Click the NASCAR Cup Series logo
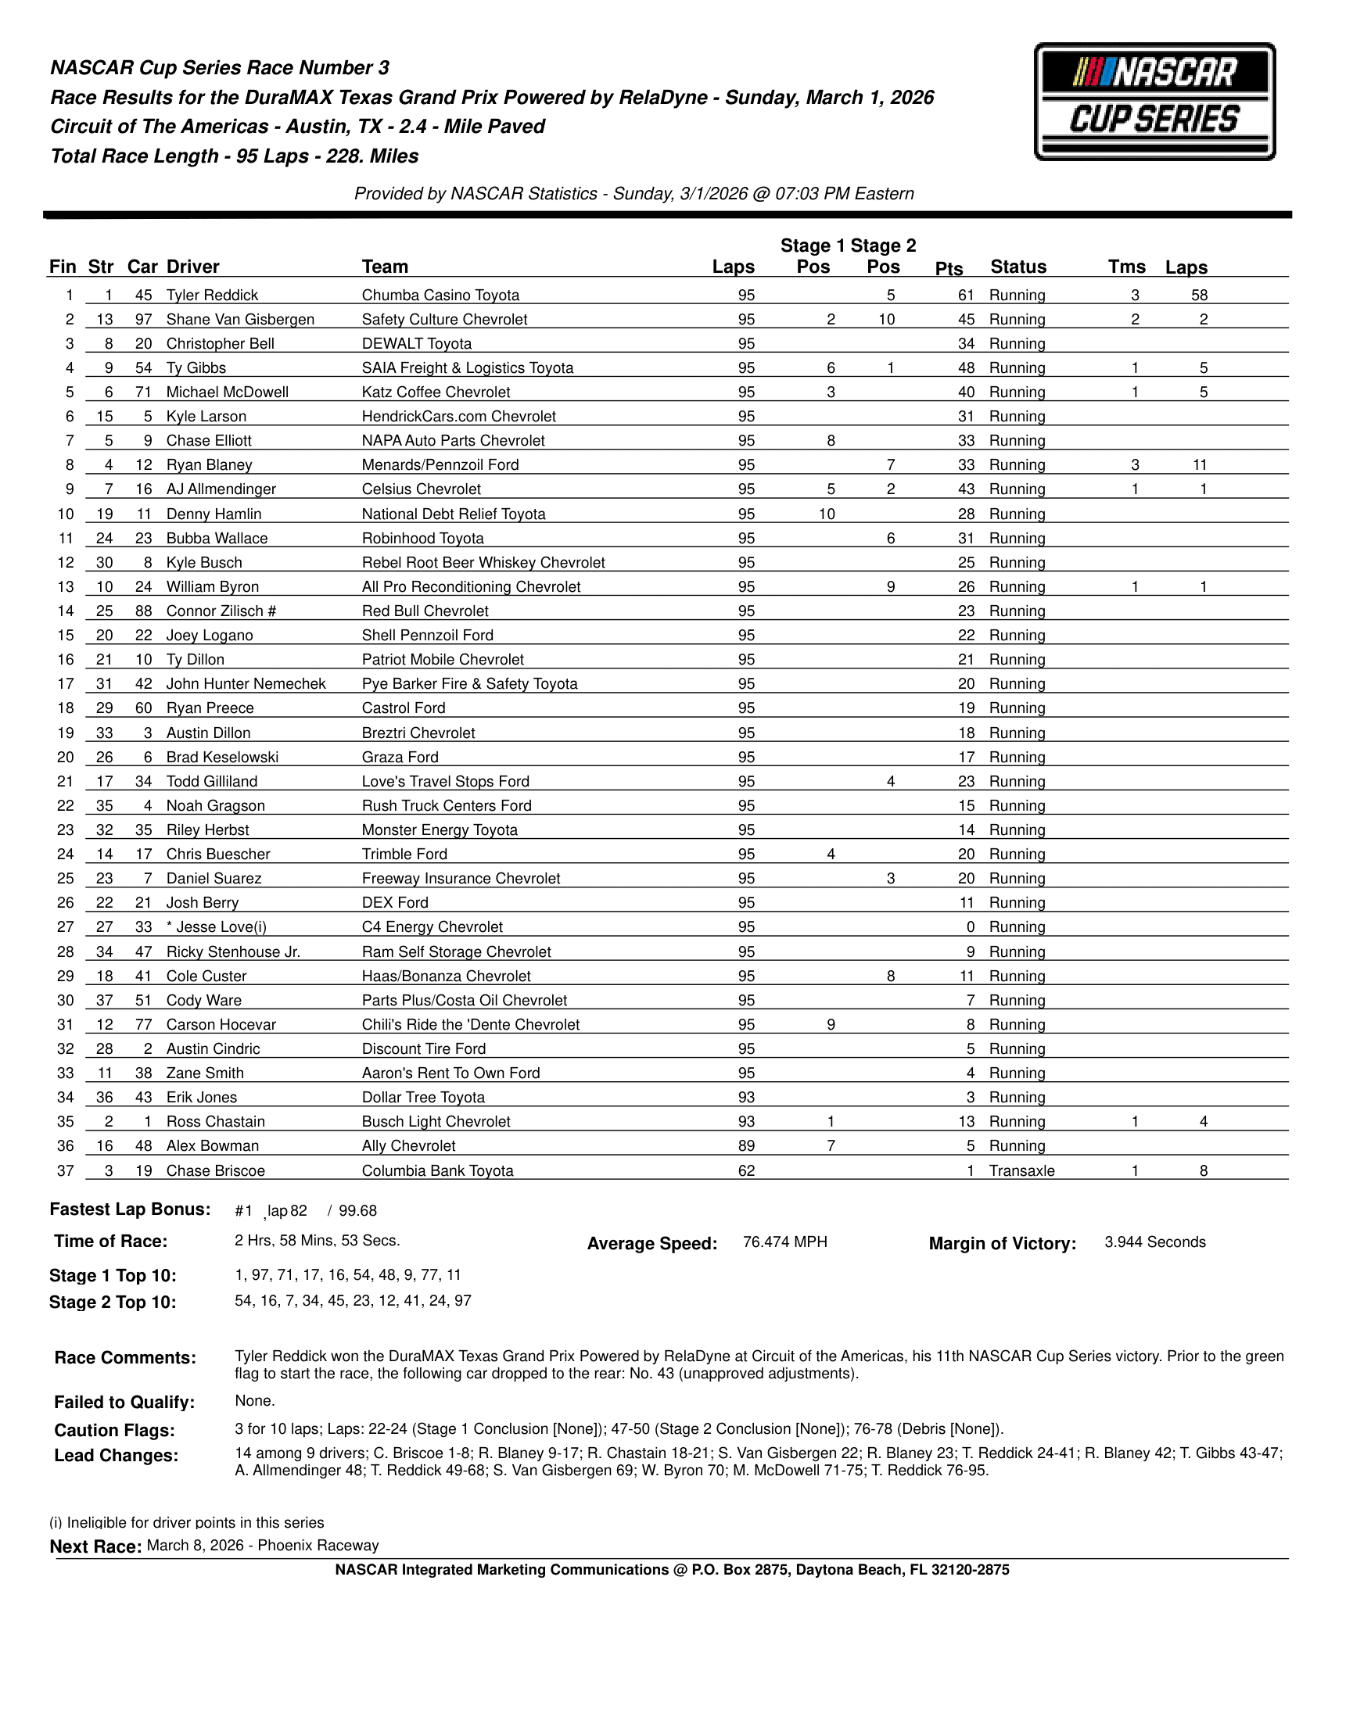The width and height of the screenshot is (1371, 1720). [1154, 102]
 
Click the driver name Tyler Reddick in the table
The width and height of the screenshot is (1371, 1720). [211, 296]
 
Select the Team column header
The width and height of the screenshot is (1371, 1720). [385, 267]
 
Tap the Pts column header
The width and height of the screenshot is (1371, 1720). [948, 268]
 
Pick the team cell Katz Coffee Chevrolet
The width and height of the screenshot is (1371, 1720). [436, 392]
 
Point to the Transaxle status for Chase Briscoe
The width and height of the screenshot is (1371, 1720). [1021, 1170]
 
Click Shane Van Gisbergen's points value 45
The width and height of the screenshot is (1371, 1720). [966, 319]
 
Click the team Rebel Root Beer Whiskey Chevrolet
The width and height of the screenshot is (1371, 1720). [483, 562]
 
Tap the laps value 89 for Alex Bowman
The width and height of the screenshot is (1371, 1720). [745, 1145]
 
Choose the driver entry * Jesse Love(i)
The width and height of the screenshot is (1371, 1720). [217, 927]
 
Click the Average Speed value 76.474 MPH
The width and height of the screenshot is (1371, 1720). [784, 1242]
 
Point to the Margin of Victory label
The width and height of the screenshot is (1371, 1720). [1002, 1244]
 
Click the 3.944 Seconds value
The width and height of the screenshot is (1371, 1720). [1154, 1242]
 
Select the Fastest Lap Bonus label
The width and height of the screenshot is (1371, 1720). [130, 1209]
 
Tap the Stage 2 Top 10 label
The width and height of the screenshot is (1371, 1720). [113, 1302]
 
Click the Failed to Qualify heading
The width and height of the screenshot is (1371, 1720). [124, 1403]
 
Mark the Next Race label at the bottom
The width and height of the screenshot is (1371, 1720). [95, 1546]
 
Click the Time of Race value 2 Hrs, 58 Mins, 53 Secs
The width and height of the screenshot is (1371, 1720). [318, 1241]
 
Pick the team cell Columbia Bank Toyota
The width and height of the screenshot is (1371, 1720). [437, 1170]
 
